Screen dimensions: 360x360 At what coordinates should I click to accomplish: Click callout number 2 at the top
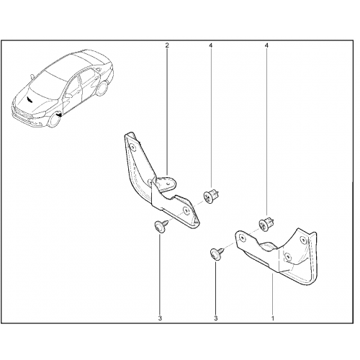[167, 45]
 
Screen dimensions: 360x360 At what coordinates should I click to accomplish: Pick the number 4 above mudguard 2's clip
[211, 45]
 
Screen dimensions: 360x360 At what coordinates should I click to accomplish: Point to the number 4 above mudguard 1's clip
[266, 45]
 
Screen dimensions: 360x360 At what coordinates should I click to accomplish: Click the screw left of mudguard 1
[217, 253]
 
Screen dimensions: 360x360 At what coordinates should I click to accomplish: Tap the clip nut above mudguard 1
[266, 224]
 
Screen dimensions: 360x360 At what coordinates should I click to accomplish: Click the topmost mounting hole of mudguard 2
[132, 147]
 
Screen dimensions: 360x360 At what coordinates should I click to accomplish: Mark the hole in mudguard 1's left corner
[243, 238]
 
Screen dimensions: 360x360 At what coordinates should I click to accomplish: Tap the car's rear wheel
[103, 89]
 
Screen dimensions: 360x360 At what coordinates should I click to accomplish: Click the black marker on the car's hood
[30, 99]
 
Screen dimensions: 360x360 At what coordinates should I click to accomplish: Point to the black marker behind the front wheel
[59, 115]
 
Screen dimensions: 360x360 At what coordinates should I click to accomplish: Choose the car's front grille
[22, 113]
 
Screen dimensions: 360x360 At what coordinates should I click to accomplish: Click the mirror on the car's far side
[32, 76]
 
